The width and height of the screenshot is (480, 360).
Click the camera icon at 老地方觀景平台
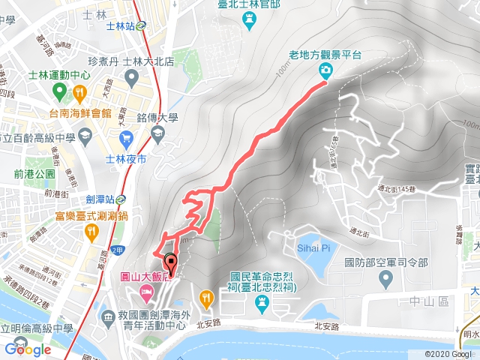(326, 70)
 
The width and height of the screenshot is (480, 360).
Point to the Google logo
(28, 349)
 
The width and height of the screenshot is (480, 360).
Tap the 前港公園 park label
(34, 174)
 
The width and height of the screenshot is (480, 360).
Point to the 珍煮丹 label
(103, 61)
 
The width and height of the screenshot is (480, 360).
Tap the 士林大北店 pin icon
(133, 77)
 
